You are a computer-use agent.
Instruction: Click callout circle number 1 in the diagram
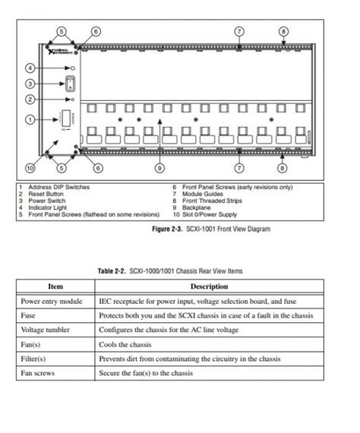click(x=30, y=119)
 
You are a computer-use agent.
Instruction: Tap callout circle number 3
click(x=30, y=84)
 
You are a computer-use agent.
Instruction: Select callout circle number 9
click(x=159, y=167)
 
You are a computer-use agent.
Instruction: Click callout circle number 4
click(x=30, y=68)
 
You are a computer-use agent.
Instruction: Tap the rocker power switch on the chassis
click(x=70, y=84)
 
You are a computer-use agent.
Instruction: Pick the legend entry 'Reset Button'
click(x=47, y=194)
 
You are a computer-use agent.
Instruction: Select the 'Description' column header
click(x=209, y=286)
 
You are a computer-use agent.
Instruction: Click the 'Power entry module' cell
click(x=52, y=302)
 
